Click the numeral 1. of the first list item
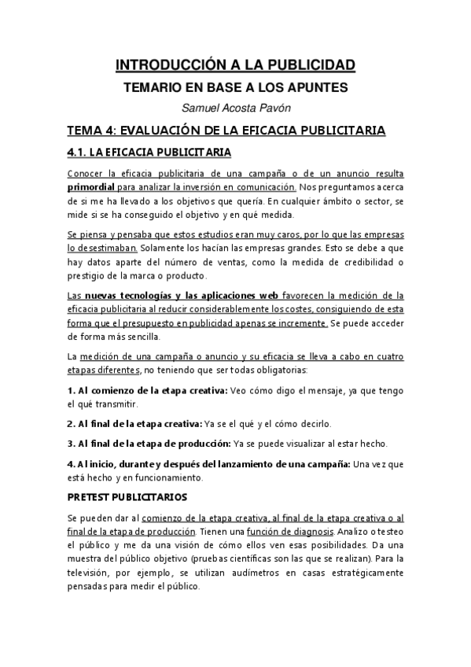[70, 391]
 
